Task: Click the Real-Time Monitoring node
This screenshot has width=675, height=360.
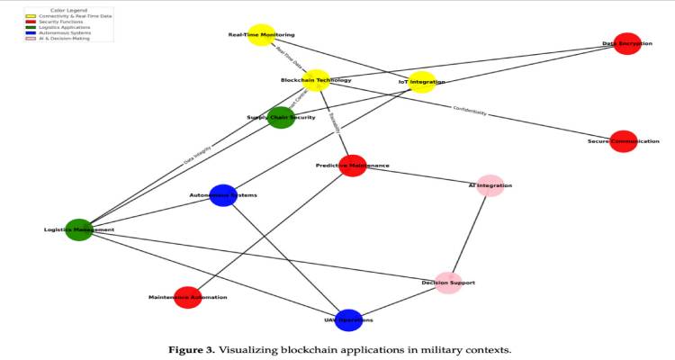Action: coord(261,35)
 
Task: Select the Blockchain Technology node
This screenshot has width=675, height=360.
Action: coord(317,80)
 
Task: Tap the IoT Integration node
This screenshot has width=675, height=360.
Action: coord(422,82)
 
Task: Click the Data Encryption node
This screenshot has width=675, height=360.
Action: coord(627,43)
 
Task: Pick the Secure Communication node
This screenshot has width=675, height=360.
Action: coord(623,141)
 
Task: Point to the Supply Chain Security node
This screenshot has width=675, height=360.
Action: coord(281,117)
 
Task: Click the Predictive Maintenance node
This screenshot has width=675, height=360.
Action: coord(353,166)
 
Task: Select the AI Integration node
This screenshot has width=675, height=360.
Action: coord(490,185)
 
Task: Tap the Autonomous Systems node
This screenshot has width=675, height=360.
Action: coord(223,195)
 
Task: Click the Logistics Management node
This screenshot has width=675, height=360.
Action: coord(79,229)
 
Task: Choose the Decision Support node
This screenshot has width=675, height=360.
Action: coord(448,283)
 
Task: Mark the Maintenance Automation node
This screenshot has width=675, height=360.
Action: coord(187,297)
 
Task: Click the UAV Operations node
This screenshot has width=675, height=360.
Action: coord(348,319)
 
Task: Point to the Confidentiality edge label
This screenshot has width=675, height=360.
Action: coord(469,112)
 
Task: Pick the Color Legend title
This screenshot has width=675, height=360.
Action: coord(69,11)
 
